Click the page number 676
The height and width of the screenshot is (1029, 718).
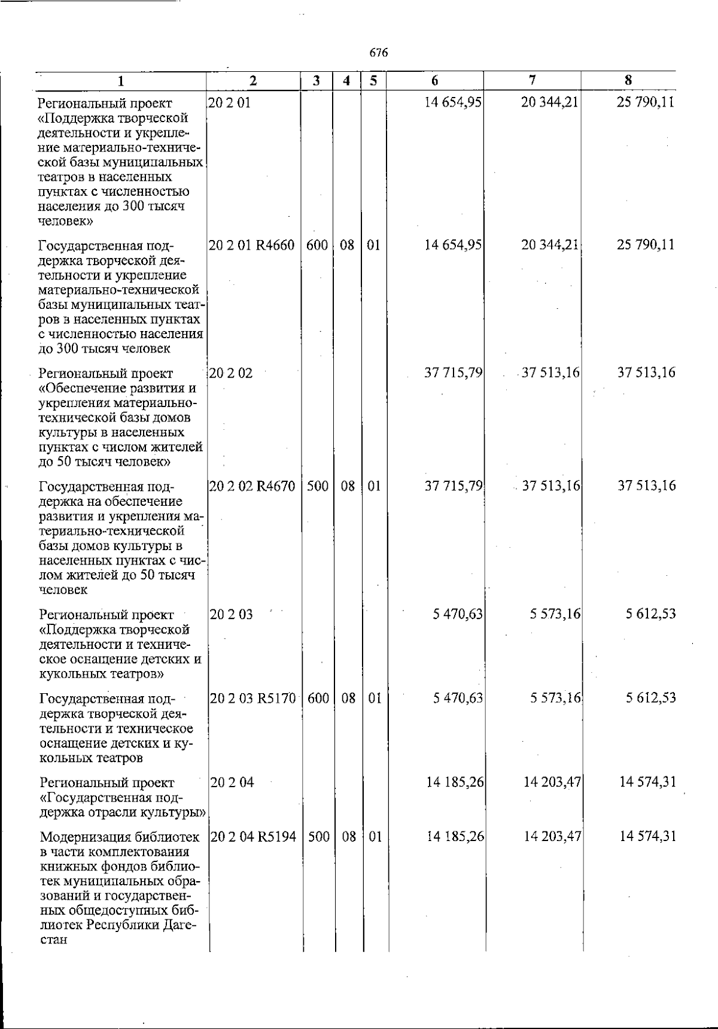pos(379,53)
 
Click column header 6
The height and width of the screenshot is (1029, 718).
pos(435,80)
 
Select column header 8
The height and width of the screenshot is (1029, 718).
pos(628,80)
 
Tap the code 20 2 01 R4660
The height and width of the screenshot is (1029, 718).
pos(252,245)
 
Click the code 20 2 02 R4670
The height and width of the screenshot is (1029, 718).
pos(252,486)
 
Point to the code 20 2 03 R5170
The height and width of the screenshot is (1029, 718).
pos(252,698)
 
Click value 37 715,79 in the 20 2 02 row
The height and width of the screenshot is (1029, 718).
pos(453,373)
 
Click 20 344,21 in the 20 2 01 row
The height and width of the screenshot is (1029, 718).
pos(549,102)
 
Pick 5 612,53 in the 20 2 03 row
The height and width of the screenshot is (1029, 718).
pos(651,614)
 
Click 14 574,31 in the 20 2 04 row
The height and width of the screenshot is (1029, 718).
pos(648,782)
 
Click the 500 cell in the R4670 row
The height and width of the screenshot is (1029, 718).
pos(317,486)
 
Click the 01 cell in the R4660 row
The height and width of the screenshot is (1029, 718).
pos(373,245)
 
